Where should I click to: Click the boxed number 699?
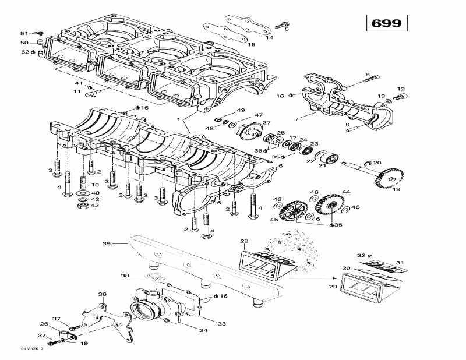387,23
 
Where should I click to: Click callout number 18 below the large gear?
396,189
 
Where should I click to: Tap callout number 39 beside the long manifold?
106,243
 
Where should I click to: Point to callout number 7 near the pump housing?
296,119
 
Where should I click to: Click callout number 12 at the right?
400,89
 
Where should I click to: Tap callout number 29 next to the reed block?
333,287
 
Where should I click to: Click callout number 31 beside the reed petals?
400,263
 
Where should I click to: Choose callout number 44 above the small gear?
346,192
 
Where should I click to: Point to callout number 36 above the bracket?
102,294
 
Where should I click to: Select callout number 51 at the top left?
24,33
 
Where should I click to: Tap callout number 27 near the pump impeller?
267,123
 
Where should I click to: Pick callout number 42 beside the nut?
95,205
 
